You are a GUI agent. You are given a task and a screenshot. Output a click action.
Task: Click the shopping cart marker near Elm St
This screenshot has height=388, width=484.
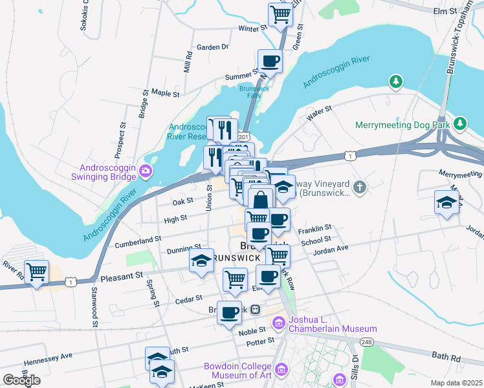tap(280, 14)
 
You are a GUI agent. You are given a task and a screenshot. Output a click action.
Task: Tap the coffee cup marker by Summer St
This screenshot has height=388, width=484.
tap(270, 61)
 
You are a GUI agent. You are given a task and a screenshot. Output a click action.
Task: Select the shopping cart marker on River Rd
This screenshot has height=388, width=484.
tap(36, 272)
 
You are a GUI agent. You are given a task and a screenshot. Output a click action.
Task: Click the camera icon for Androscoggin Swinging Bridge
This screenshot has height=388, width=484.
tap(146, 172)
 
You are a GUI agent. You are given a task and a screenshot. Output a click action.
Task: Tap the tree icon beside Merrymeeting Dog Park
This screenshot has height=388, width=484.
tap(459, 122)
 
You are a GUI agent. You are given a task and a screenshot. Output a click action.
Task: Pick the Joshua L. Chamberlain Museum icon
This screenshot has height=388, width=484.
tap(279, 321)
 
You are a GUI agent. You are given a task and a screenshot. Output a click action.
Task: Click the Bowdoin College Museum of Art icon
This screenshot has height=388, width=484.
tap(281, 369)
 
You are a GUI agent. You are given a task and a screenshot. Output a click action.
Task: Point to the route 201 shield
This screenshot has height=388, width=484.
tap(243, 137)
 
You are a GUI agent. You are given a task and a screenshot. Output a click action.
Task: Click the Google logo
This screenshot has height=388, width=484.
tap(21, 380)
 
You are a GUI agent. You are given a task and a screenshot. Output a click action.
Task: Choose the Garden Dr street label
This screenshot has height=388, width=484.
tap(213, 47)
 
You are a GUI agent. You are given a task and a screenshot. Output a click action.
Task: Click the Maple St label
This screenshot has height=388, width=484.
tap(164, 94)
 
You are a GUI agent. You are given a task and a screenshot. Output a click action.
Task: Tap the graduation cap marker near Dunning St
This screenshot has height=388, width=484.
tap(202, 261)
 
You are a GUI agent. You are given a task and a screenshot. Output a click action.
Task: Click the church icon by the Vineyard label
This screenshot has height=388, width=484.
tap(360, 188)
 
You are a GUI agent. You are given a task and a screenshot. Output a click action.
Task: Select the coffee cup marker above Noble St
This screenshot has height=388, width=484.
tap(229, 313)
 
